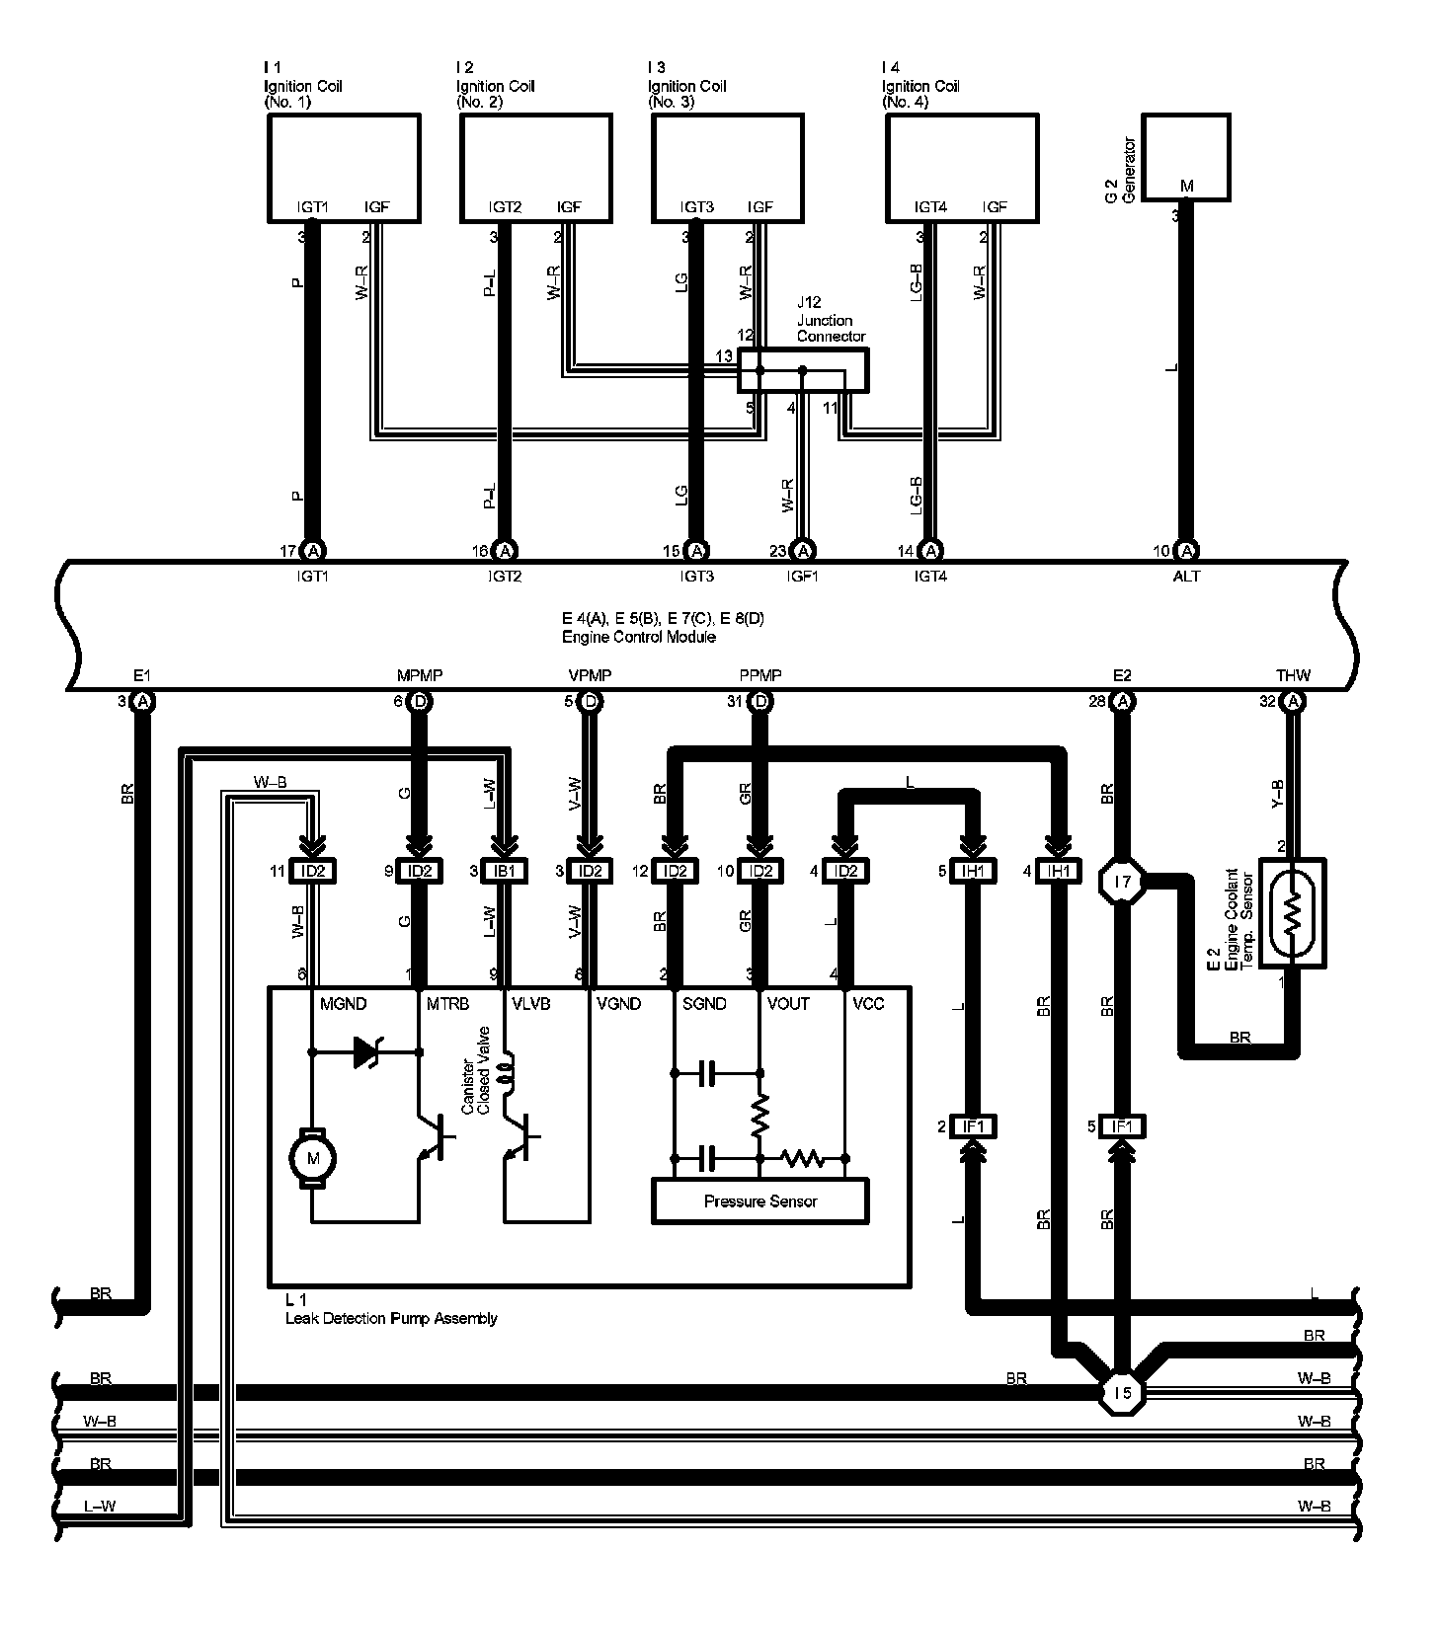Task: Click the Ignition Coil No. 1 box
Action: (x=344, y=167)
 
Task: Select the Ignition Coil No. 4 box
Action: (x=961, y=167)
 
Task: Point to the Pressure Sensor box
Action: (x=759, y=1201)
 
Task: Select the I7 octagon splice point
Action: (x=1122, y=880)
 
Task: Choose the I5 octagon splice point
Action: (x=1122, y=1392)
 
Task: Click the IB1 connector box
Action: (x=506, y=871)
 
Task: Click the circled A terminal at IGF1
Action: (x=804, y=551)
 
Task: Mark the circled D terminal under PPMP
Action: (x=760, y=702)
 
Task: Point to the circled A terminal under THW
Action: (x=1293, y=702)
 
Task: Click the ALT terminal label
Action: (x=1186, y=576)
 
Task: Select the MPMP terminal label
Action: (x=420, y=675)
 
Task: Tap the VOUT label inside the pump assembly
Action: (x=788, y=1003)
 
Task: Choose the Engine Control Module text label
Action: (x=638, y=637)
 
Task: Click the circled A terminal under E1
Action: (x=142, y=702)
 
